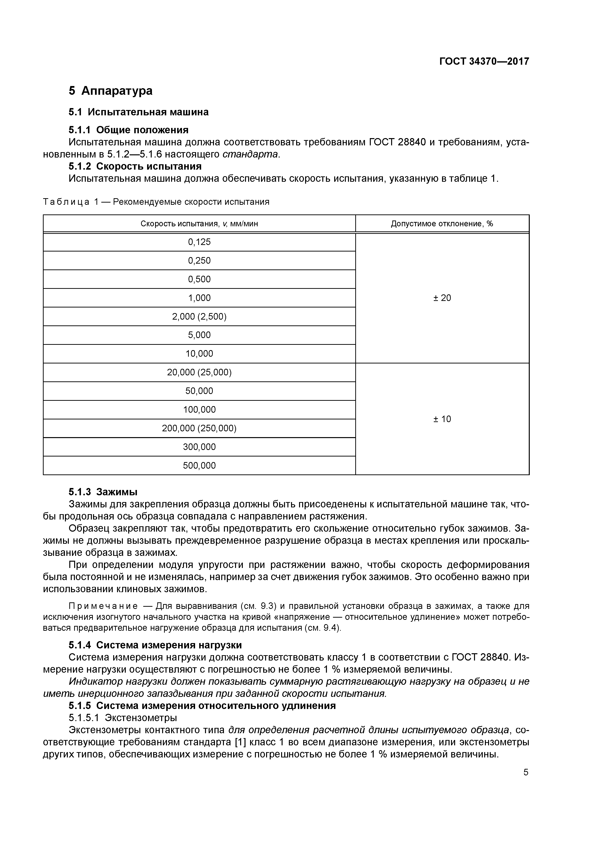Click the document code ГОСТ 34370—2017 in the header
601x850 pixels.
[x=484, y=61]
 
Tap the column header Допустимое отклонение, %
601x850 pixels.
[x=442, y=224]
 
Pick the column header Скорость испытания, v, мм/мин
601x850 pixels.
[x=199, y=224]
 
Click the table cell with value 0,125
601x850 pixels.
[x=199, y=242]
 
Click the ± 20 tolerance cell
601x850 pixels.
[x=442, y=298]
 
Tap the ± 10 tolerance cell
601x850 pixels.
[x=442, y=419]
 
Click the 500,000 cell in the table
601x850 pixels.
[x=199, y=466]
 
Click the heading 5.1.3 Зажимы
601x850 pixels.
[x=103, y=492]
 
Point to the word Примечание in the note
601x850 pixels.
[x=103, y=606]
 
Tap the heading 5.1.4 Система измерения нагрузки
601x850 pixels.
[x=155, y=645]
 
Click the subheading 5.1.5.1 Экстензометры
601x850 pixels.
[x=123, y=718]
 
